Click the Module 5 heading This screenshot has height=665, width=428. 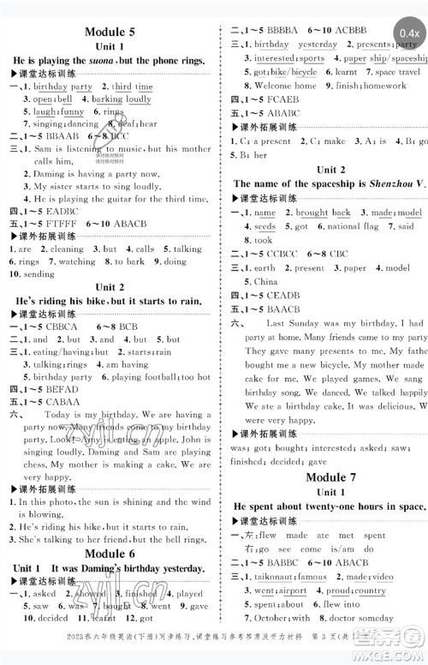(x=110, y=33)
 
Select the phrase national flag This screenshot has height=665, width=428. (x=354, y=226)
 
